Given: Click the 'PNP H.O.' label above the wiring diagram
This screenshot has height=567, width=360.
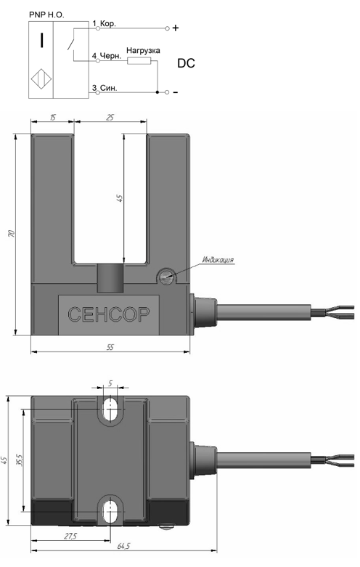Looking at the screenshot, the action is [x=46, y=15].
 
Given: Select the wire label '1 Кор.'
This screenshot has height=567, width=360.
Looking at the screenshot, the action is [x=104, y=24].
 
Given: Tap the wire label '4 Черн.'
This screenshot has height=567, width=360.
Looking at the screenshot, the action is [x=107, y=56].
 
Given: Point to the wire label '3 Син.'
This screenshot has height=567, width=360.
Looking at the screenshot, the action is [x=105, y=88].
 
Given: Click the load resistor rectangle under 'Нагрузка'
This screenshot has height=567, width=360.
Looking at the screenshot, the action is [x=139, y=61].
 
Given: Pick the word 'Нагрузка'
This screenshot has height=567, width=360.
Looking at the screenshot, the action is [x=143, y=51].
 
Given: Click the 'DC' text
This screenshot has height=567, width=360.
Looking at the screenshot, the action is [x=186, y=63].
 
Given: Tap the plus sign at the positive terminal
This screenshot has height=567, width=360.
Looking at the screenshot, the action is [x=176, y=28].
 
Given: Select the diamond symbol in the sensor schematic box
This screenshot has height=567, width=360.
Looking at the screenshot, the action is [x=41, y=79].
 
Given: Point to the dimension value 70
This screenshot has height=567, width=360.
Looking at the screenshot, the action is [x=11, y=233].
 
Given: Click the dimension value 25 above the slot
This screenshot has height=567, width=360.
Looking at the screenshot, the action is [x=110, y=117].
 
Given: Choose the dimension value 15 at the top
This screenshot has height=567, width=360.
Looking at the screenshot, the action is [x=52, y=117].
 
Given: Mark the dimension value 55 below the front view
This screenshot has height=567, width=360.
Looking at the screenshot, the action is [x=110, y=347].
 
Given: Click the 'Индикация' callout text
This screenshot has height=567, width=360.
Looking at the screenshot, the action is [x=218, y=260].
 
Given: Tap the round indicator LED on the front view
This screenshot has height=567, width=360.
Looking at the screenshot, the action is [x=166, y=277].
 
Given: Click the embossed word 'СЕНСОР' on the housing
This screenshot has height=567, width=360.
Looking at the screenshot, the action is [x=108, y=314].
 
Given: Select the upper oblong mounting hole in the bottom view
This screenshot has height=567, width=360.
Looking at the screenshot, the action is [x=110, y=409].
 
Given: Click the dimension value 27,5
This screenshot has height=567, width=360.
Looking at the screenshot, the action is [x=70, y=537].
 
